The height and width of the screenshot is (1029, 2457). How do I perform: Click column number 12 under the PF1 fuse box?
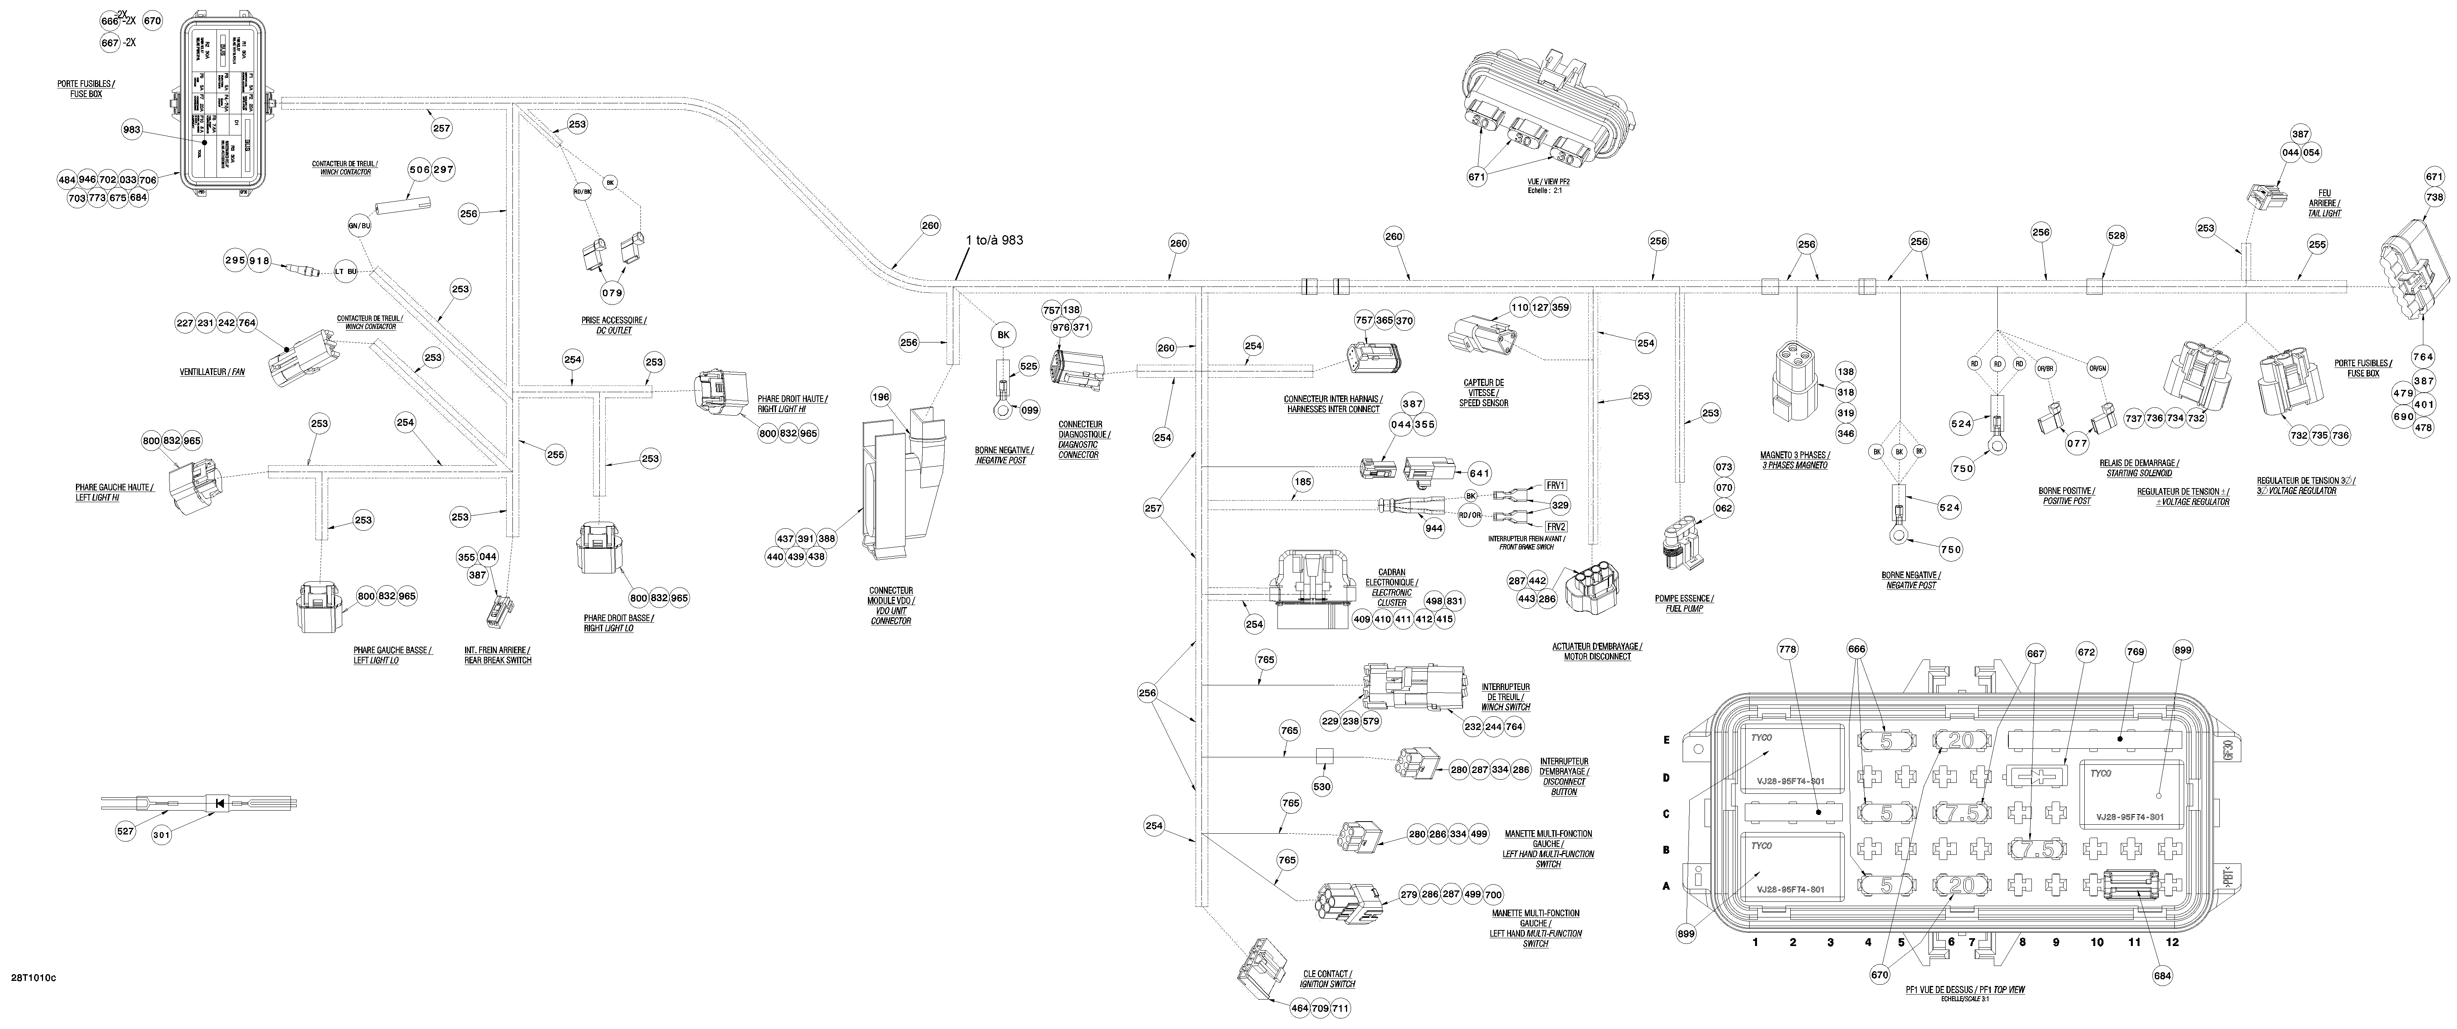tap(2173, 942)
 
